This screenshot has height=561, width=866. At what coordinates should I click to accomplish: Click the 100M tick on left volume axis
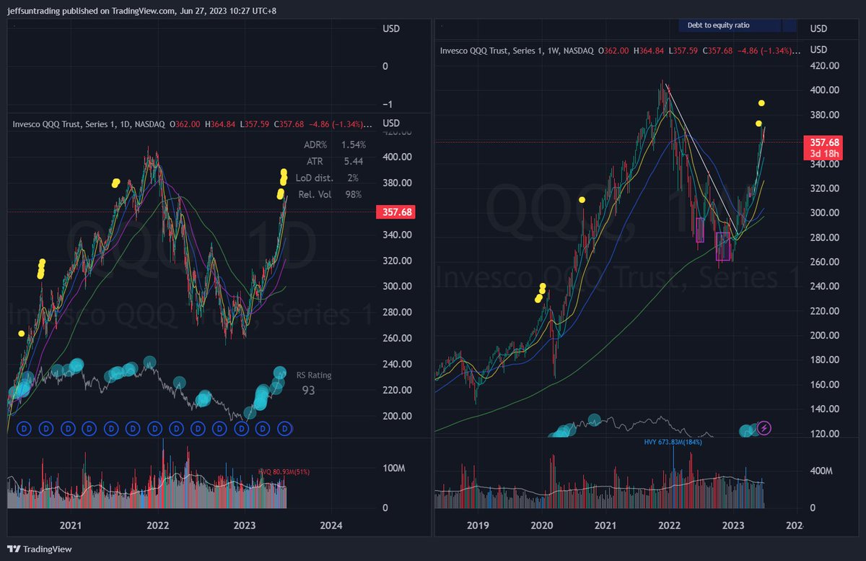pyautogui.click(x=394, y=469)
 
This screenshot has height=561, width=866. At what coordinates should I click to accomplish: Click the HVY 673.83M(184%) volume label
pyautogui.click(x=673, y=442)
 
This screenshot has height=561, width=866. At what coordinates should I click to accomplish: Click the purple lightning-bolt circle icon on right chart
pyautogui.click(x=764, y=429)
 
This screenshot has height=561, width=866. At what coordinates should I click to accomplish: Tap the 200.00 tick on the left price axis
pyautogui.click(x=396, y=417)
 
